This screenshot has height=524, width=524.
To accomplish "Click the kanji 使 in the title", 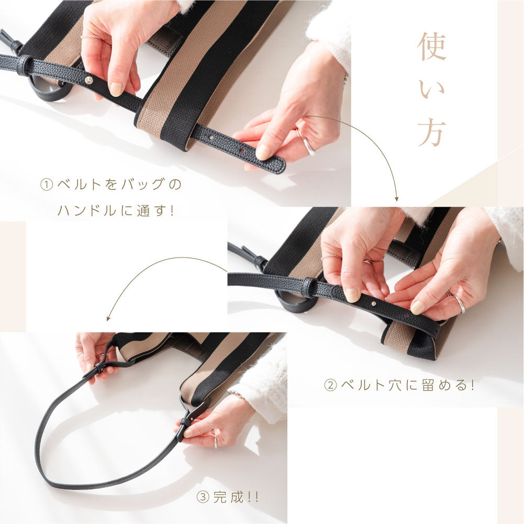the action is [x=432, y=47].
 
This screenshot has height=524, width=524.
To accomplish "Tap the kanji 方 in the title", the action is [x=431, y=132].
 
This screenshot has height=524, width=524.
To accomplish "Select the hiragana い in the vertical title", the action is [x=432, y=90].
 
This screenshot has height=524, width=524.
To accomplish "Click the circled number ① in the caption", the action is [x=47, y=184].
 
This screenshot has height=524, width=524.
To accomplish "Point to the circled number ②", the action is [x=330, y=385].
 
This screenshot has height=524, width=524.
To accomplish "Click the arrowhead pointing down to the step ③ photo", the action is [x=108, y=318].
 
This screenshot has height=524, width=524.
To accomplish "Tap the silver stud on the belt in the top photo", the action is [x=89, y=80].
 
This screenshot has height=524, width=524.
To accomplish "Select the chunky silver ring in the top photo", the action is [x=307, y=143].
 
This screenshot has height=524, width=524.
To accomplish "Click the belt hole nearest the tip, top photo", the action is [x=243, y=151].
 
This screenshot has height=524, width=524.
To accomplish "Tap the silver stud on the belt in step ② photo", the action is [x=373, y=304].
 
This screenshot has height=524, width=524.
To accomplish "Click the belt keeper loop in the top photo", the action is [x=25, y=64].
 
